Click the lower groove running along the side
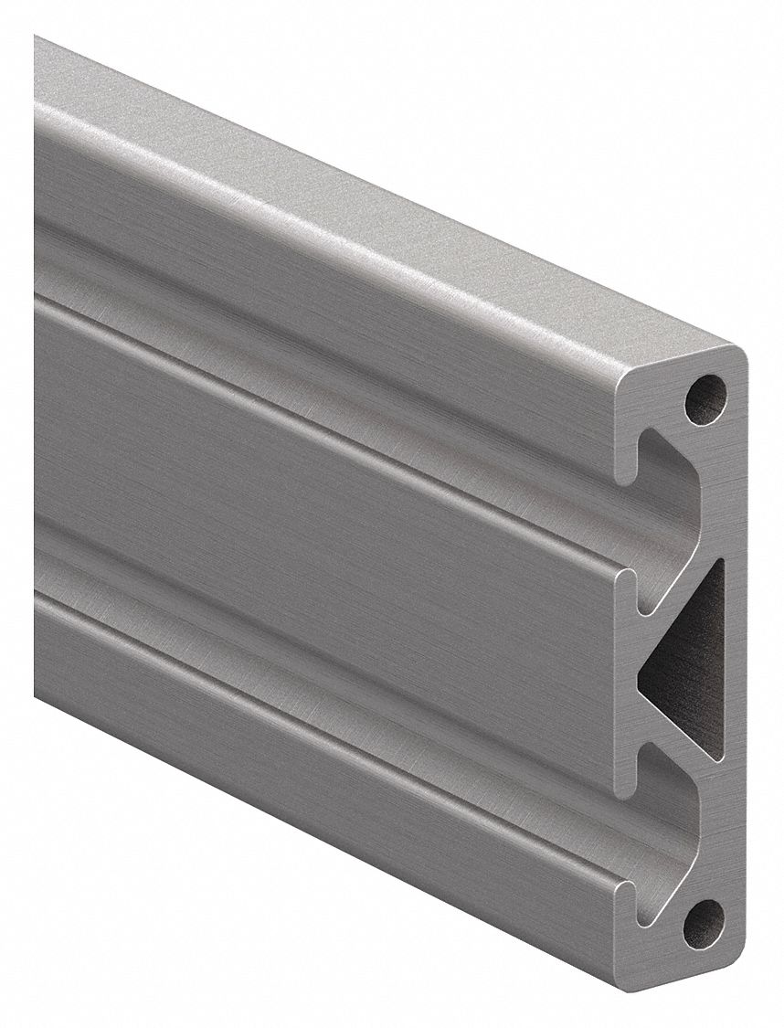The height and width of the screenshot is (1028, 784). pos(320,649)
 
